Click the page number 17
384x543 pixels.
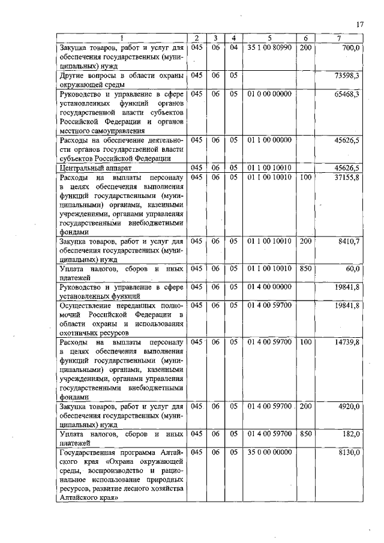pyautogui.click(x=359, y=25)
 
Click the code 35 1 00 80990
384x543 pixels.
pyautogui.click(x=269, y=47)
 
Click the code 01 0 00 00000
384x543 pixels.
pyautogui.click(x=269, y=94)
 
